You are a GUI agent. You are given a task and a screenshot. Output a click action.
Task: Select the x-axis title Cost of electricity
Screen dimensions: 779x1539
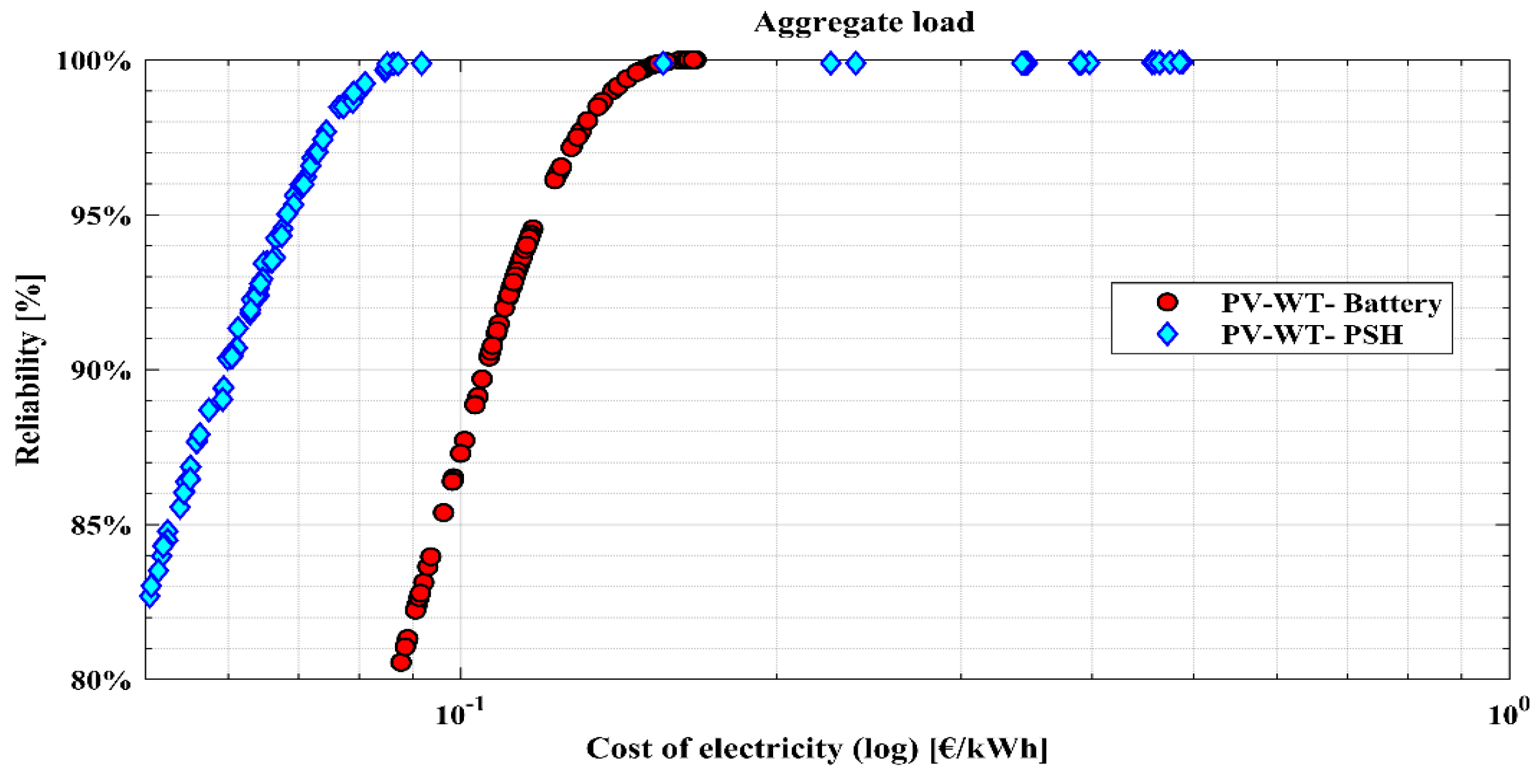point(816,749)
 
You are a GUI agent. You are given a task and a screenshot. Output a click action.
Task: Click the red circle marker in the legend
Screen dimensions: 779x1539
point(1167,302)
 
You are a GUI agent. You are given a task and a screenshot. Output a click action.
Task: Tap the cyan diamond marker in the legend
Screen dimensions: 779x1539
point(1167,334)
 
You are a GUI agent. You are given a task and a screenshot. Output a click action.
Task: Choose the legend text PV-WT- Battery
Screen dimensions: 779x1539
point(1331,302)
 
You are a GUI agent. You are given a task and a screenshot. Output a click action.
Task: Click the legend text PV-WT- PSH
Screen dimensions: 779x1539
point(1311,335)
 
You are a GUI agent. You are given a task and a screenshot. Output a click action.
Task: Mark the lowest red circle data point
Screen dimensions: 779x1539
point(401,662)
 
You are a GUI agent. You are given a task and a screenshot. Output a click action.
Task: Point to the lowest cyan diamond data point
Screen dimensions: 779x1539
point(150,597)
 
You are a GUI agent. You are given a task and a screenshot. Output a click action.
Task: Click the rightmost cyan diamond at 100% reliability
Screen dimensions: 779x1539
point(1182,63)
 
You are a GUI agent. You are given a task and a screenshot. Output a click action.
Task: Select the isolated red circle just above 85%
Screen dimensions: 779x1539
point(443,513)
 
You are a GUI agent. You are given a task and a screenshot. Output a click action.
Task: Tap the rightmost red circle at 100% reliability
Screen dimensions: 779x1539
point(694,60)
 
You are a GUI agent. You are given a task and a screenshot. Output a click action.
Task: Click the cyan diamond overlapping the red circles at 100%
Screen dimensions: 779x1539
point(663,63)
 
